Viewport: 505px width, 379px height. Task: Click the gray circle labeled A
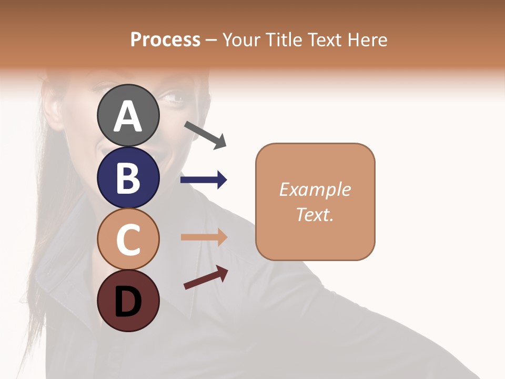[128, 115]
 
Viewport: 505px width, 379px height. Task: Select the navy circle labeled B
[128, 177]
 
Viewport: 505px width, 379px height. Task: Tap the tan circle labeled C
[128, 239]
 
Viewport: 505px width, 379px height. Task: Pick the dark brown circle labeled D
[128, 301]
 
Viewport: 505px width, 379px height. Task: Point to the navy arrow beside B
[204, 180]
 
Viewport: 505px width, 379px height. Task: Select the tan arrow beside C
[204, 237]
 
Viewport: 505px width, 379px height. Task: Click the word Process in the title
[165, 39]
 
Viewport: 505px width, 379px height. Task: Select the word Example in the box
[315, 189]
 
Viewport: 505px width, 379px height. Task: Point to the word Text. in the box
[315, 214]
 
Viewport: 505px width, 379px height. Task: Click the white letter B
[128, 177]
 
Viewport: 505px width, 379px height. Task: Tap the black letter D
[128, 301]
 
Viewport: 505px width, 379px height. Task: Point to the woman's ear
[56, 108]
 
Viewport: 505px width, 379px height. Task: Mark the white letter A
[128, 116]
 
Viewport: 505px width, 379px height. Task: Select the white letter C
[128, 240]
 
